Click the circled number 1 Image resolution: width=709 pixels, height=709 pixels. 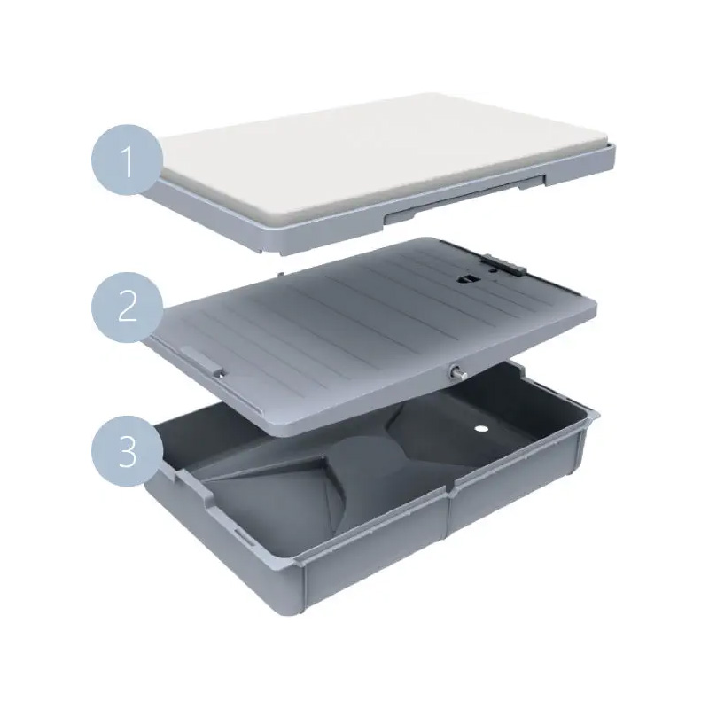click(127, 160)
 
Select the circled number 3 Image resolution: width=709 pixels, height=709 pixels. click(127, 452)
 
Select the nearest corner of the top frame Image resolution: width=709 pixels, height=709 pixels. click(280, 253)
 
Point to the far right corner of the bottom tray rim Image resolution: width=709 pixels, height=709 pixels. click(596, 414)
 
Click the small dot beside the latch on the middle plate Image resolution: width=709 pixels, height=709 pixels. click(493, 271)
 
